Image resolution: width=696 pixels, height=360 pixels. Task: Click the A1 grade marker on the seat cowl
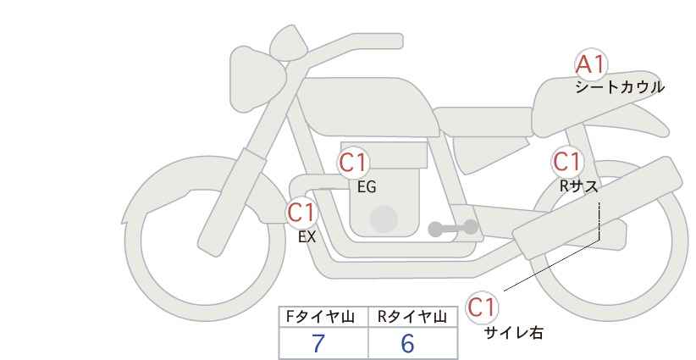pyautogui.click(x=590, y=65)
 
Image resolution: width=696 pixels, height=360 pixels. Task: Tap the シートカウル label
pyautogui.click(x=620, y=87)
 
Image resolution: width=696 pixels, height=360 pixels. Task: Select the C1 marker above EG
pyautogui.click(x=353, y=163)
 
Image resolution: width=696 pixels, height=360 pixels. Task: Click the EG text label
pyautogui.click(x=367, y=187)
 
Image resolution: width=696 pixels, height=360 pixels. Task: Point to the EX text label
pyautogui.click(x=307, y=237)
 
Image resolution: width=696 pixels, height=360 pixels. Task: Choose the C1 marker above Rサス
pyautogui.click(x=566, y=162)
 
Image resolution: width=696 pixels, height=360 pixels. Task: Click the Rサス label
pyautogui.click(x=579, y=186)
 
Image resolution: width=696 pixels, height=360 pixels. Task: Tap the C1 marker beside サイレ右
pyautogui.click(x=482, y=307)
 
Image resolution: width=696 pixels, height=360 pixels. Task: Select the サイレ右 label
pyautogui.click(x=514, y=333)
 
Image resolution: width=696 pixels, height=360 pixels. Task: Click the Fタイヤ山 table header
pyautogui.click(x=320, y=317)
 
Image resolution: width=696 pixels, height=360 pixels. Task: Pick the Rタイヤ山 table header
pyautogui.click(x=412, y=317)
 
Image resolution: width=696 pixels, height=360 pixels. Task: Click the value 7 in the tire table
pyautogui.click(x=318, y=343)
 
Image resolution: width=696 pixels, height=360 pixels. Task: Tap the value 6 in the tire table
pyautogui.click(x=407, y=343)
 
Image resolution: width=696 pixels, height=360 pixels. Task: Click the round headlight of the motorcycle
pyautogui.click(x=256, y=80)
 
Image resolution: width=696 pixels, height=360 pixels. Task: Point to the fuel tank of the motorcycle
pyautogui.click(x=366, y=107)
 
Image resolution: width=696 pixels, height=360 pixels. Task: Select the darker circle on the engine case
pyautogui.click(x=384, y=219)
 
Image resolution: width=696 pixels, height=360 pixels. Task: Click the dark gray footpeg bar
pyautogui.click(x=453, y=228)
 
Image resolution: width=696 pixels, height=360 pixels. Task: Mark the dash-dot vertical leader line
pyautogui.click(x=599, y=221)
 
